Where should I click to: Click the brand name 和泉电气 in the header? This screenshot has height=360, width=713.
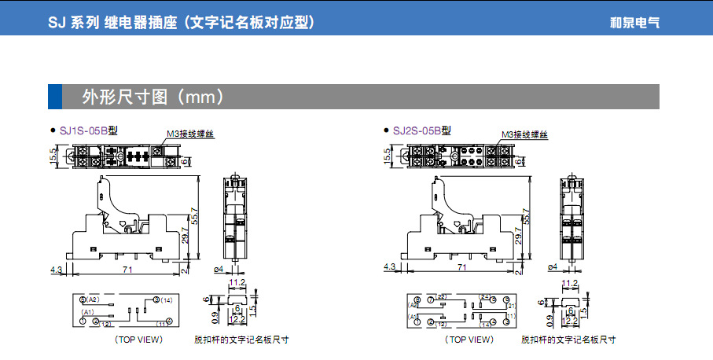634,23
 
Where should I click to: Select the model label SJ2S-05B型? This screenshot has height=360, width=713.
421,130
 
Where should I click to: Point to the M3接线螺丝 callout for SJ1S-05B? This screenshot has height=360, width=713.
190,134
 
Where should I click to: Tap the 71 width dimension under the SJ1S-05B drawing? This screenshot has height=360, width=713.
127,268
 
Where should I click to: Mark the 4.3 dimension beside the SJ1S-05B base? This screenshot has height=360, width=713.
56,269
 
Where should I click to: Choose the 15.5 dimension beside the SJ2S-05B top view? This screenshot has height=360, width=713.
387,155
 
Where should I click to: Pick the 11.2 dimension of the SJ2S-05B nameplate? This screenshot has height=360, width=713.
570,282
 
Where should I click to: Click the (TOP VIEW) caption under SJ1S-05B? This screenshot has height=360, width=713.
138,340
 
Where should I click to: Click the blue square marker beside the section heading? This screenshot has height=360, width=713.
55,97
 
